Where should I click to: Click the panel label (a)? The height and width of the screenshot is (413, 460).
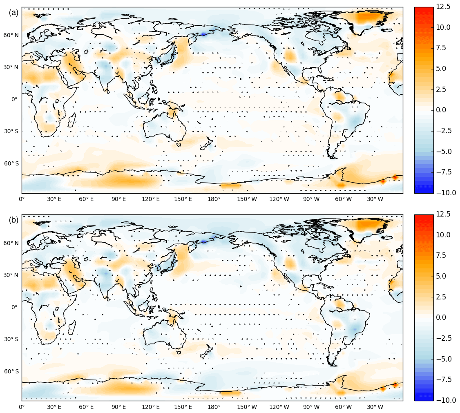13,13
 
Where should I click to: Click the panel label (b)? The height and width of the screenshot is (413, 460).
13,220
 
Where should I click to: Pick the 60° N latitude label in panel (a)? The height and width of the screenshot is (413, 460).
11,35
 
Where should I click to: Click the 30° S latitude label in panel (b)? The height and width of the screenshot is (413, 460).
11,339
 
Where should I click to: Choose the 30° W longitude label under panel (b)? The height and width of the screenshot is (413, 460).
375,407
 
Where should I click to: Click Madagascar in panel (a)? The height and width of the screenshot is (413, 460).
72,121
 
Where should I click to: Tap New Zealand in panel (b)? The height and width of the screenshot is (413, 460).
208,350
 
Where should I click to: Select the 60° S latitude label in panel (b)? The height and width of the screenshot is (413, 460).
11,371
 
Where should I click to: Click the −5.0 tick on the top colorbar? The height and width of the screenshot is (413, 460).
443,152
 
